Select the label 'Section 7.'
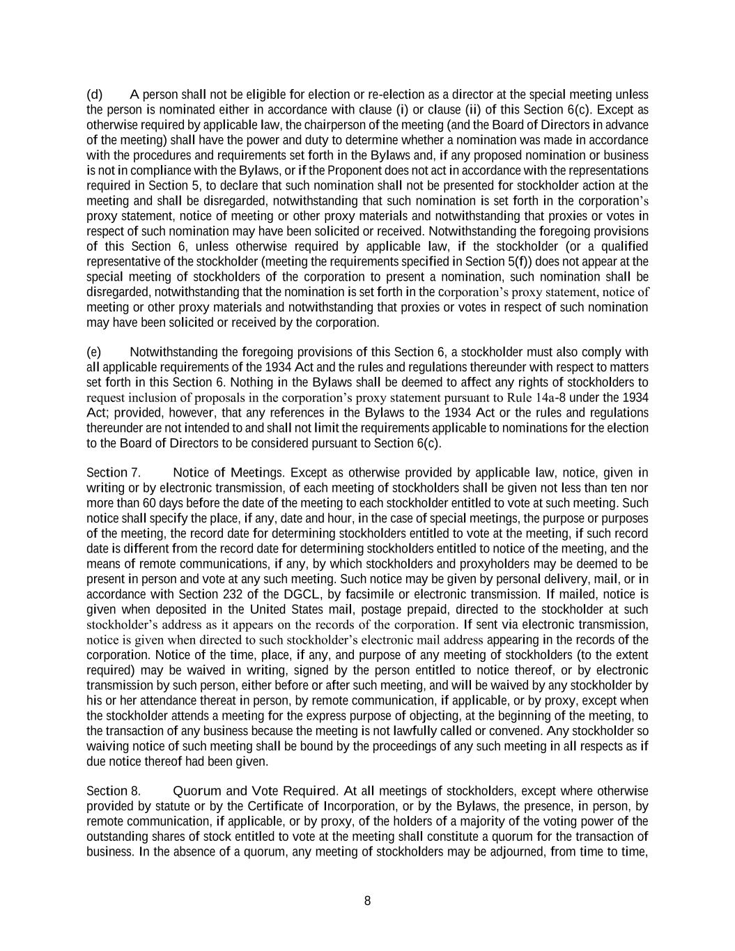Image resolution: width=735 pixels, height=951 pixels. (114, 473)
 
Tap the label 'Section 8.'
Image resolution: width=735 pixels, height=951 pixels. (114, 791)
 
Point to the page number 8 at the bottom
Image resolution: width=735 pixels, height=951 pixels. (367, 901)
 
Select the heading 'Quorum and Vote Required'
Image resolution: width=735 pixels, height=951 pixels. (254, 791)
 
